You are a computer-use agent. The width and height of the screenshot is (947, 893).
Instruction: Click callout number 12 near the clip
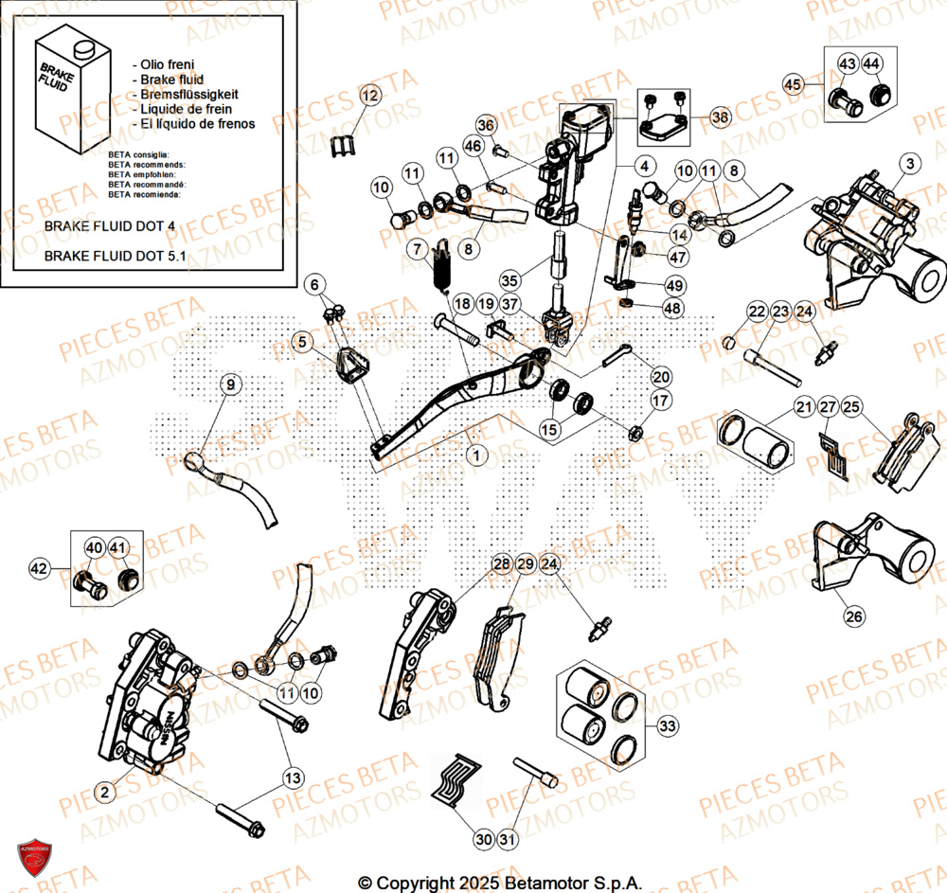[369, 96]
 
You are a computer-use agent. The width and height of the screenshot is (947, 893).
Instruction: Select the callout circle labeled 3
[909, 164]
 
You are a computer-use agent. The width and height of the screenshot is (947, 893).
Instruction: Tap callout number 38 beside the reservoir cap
[721, 118]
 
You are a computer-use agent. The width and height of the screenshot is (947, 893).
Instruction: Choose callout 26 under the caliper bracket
[854, 616]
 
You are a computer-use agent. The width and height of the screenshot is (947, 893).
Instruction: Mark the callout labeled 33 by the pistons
[667, 727]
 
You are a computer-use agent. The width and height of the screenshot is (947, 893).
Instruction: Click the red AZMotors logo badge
[33, 857]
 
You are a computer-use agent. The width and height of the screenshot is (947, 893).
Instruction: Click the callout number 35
[509, 281]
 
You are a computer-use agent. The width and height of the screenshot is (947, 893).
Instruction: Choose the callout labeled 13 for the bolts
[294, 778]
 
